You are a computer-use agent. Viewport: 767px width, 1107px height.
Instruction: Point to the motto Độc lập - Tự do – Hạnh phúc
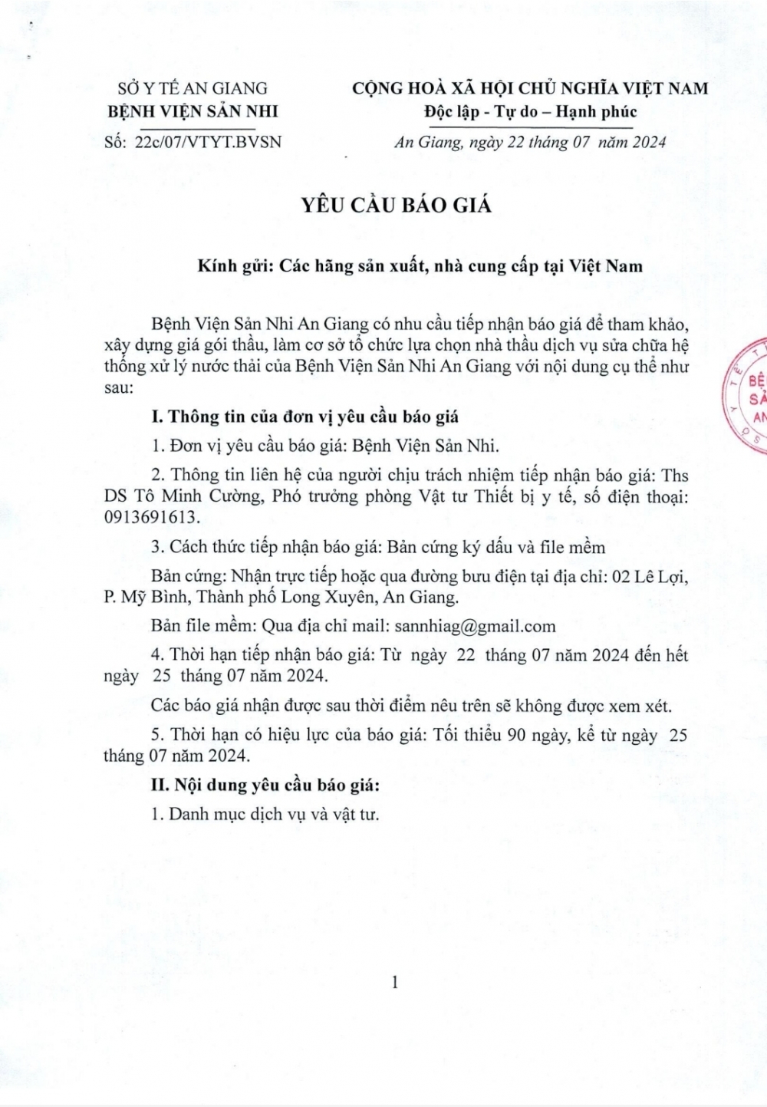click(530, 111)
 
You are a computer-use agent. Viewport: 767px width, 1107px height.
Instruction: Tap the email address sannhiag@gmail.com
click(475, 625)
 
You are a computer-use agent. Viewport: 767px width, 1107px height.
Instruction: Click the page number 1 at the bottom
click(395, 981)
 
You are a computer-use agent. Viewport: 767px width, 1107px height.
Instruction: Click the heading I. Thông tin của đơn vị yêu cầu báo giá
click(305, 417)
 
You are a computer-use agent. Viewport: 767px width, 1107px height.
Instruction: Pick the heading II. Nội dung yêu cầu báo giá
click(266, 785)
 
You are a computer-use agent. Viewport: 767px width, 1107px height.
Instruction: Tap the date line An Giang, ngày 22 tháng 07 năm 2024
click(530, 142)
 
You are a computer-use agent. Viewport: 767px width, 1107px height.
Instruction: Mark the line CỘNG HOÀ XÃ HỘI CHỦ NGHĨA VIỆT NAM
click(530, 88)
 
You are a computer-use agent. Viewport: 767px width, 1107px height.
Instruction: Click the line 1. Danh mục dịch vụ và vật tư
click(265, 814)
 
